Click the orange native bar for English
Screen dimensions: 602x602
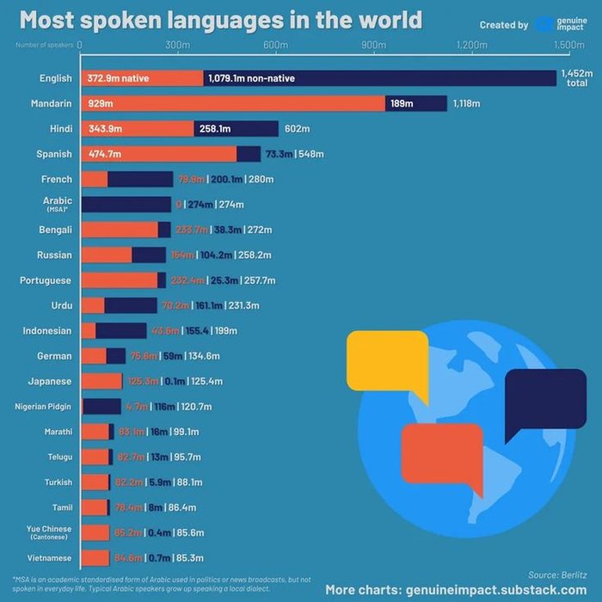[142, 78]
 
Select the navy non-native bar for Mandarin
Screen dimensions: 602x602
[415, 104]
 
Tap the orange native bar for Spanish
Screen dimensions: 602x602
[159, 154]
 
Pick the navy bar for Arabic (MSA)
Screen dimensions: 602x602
[126, 205]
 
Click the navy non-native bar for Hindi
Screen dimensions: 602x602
[236, 129]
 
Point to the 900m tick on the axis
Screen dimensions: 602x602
[373, 45]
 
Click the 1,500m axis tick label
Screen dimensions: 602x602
[568, 45]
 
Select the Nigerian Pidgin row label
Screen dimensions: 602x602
[43, 406]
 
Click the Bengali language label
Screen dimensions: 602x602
[55, 230]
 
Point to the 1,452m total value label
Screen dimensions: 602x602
[574, 78]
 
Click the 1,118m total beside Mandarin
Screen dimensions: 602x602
[466, 104]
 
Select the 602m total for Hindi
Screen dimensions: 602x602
[297, 129]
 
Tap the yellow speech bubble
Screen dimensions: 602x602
[386, 359]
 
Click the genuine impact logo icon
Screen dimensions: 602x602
[544, 24]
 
